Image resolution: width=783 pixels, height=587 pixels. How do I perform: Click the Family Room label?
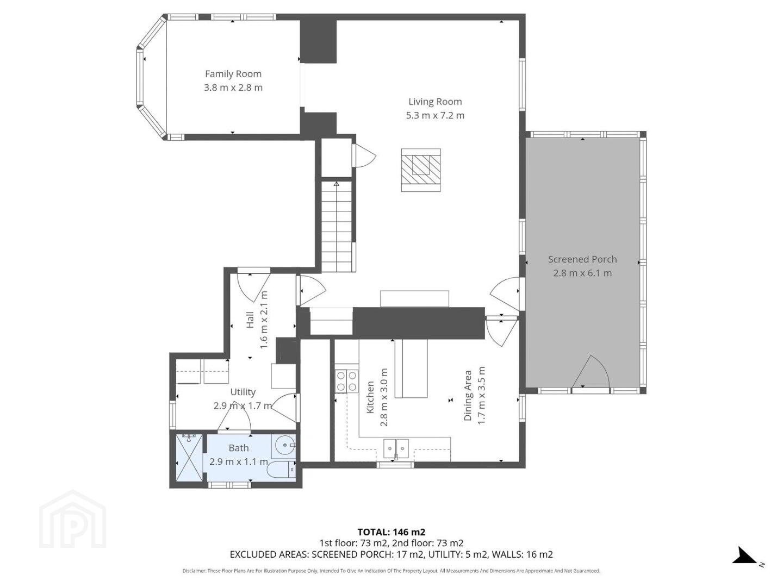pos(233,74)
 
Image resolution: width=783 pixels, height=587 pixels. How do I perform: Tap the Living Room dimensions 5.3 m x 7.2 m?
pos(435,115)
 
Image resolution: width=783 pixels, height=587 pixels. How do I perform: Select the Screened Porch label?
pos(582,259)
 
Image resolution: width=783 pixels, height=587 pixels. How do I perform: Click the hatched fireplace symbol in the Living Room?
pos(421,170)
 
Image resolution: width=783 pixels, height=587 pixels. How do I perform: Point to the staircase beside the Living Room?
pos(337,227)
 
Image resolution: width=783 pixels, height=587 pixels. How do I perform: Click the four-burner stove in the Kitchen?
pos(346,381)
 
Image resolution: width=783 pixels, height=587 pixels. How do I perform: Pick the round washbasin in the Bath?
pos(285,445)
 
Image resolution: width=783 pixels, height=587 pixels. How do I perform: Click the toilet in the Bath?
pos(282,470)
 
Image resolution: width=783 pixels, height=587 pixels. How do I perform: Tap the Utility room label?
pos(243,392)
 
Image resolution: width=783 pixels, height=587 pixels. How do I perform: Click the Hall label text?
pos(250,320)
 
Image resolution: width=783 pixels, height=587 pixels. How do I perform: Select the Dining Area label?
pos(468,395)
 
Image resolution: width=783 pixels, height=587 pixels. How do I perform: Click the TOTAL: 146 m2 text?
pos(391,532)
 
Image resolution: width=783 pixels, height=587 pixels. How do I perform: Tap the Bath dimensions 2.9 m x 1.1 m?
pos(238,461)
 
